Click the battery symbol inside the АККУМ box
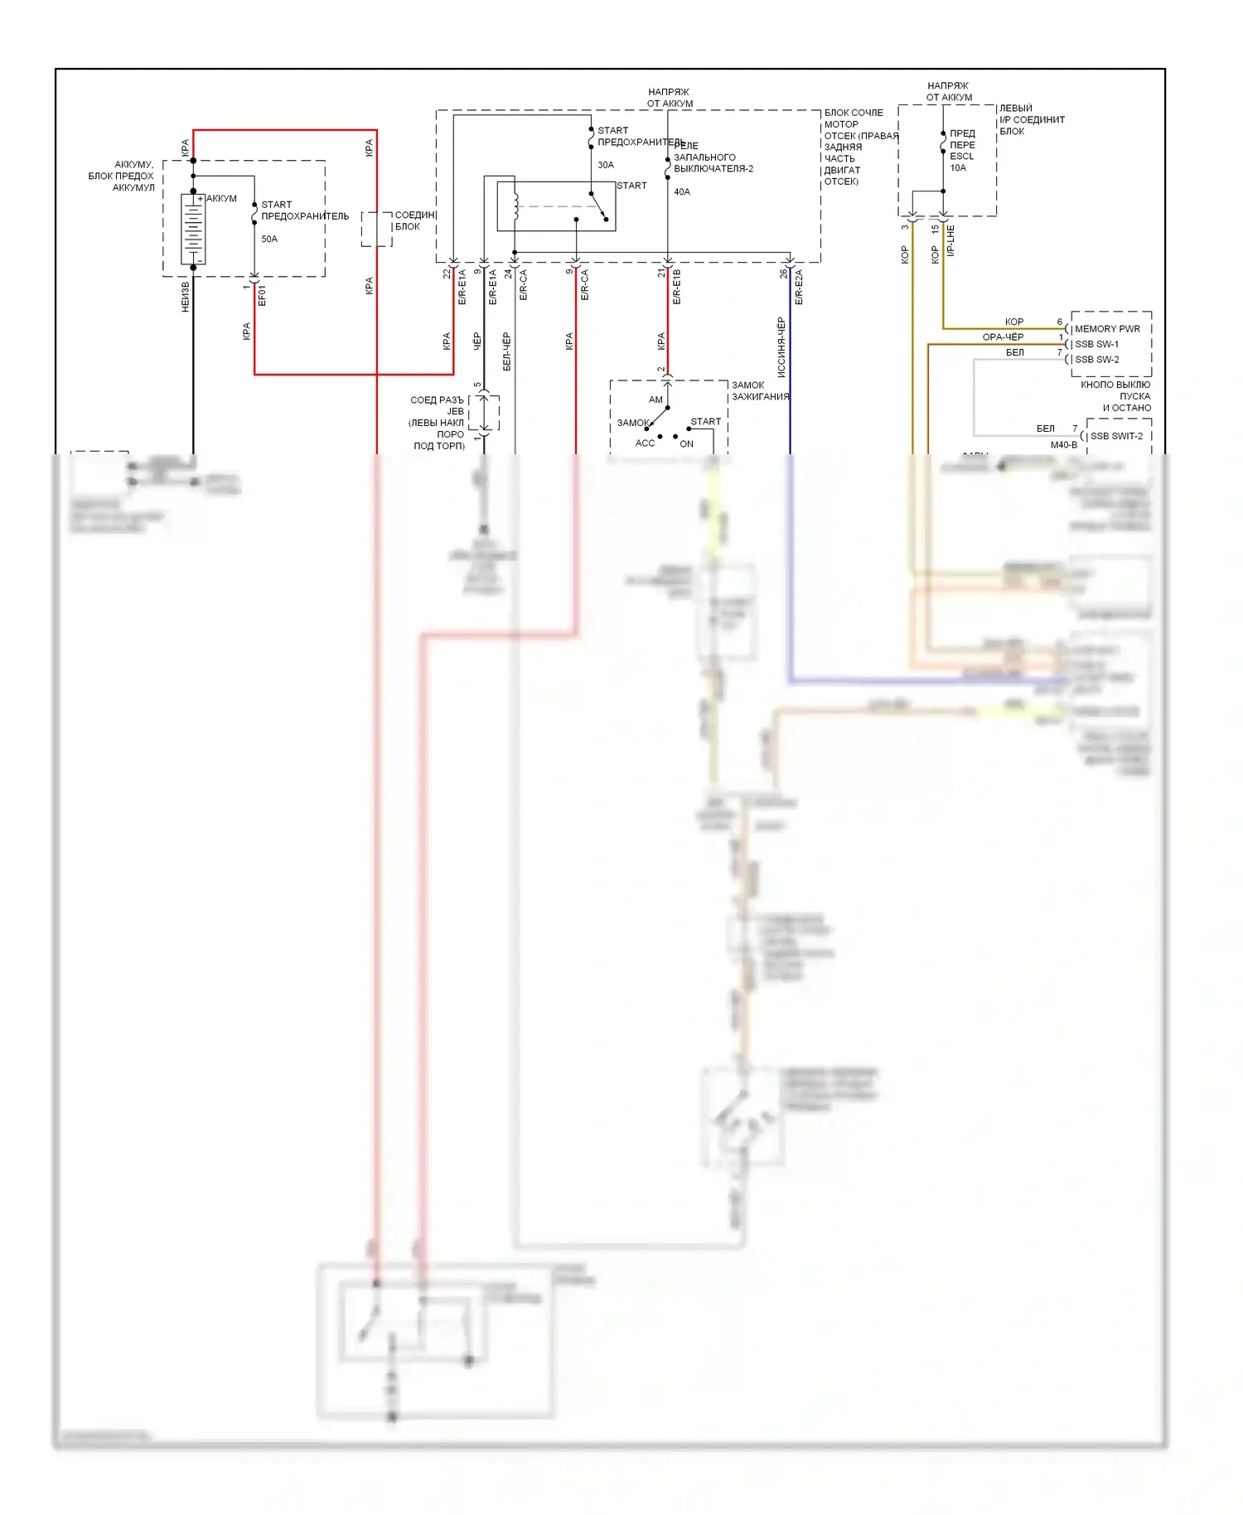[x=193, y=230]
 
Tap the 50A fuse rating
[x=269, y=239]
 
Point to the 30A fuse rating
[x=606, y=165]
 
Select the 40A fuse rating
[x=682, y=191]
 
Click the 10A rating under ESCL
[x=958, y=167]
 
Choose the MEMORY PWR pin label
[x=1107, y=329]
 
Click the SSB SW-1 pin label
[x=1096, y=344]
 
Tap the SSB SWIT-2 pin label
[x=1115, y=436]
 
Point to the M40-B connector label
[x=1064, y=445]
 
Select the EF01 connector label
[x=262, y=296]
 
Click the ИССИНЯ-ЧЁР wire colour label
[x=781, y=346]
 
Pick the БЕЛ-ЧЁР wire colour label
[x=507, y=351]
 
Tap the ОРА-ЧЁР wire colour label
[x=1003, y=337]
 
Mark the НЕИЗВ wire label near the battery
[x=186, y=297]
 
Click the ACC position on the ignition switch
[x=645, y=443]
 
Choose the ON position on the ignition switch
[x=686, y=444]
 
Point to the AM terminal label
[x=655, y=399]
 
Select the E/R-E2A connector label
[x=799, y=287]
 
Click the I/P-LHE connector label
[x=950, y=240]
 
